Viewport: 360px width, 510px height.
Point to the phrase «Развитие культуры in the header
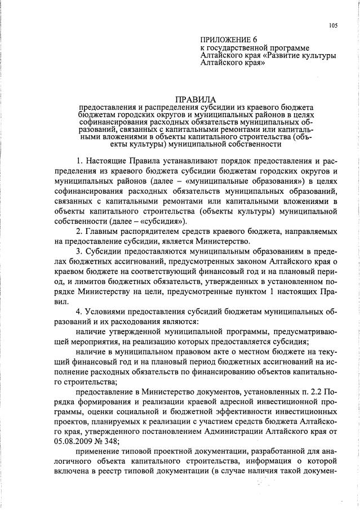(x=299, y=56)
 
